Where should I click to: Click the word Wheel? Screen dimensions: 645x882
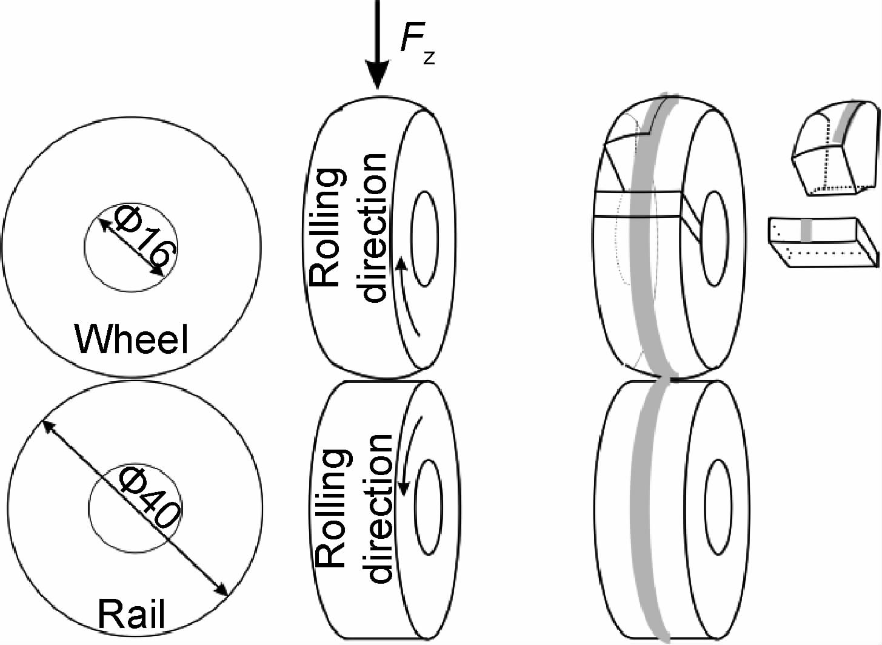tap(131, 339)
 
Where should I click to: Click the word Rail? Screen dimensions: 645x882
tap(131, 615)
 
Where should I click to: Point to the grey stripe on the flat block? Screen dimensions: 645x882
tap(806, 231)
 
